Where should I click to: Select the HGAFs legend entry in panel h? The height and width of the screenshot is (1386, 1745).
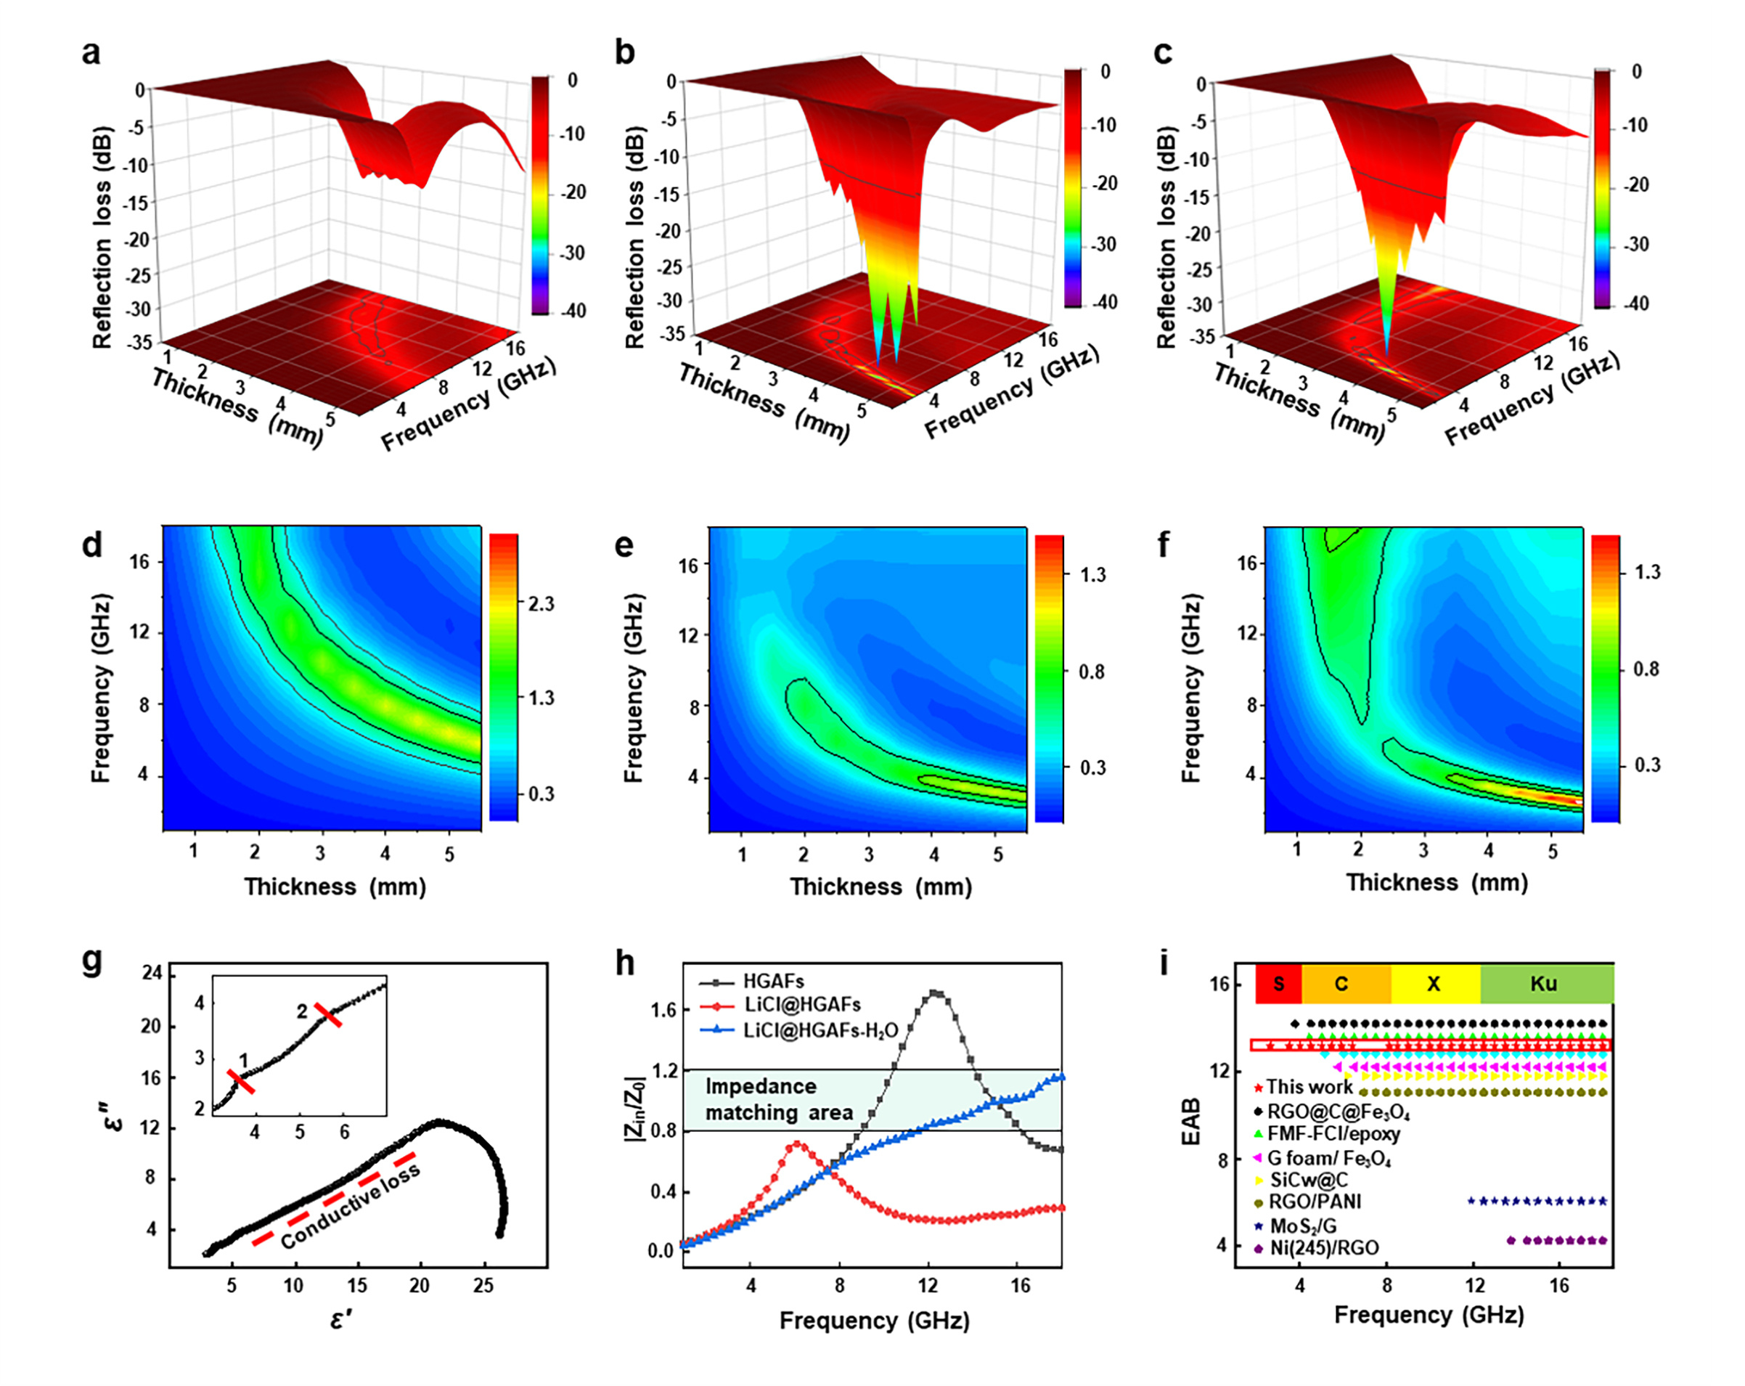773,981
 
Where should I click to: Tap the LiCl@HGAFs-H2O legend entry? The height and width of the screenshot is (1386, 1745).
820,1030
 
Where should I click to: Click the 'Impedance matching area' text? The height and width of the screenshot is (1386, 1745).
779,1099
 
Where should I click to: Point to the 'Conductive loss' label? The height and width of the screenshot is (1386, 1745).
351,1206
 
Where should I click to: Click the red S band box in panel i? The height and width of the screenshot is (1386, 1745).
1278,984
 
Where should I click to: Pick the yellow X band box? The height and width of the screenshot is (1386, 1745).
1434,984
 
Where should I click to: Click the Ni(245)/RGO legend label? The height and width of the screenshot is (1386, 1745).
1324,1247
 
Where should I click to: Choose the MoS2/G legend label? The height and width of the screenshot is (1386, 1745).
1302,1226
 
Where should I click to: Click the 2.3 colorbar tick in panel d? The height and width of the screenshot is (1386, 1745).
541,604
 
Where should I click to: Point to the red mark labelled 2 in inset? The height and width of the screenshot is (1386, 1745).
328,1014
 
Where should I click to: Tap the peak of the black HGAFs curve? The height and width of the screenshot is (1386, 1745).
935,992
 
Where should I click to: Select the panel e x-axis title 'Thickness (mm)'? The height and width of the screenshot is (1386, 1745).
880,886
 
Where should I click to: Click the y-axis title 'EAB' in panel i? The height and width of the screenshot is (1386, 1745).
1190,1122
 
